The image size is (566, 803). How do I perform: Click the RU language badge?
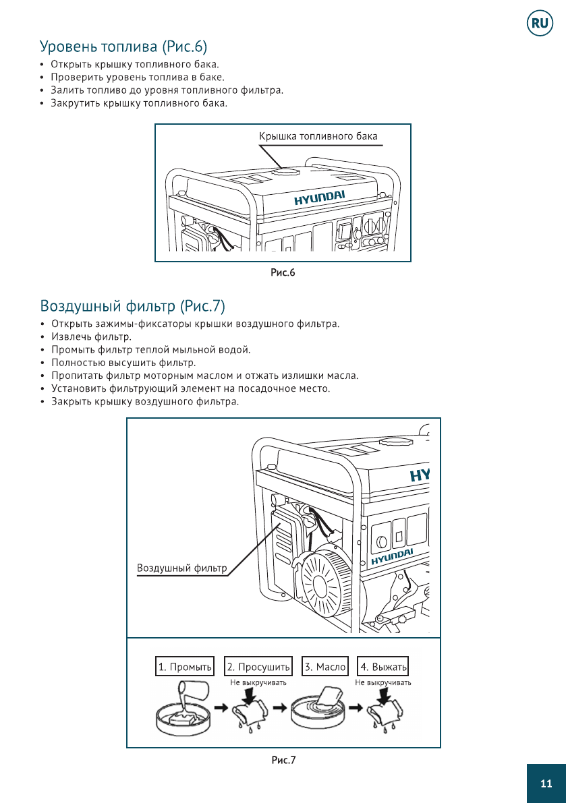pyautogui.click(x=540, y=24)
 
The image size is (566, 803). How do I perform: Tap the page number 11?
pyautogui.click(x=546, y=783)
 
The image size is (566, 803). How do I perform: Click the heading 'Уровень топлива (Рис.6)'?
pyautogui.click(x=123, y=47)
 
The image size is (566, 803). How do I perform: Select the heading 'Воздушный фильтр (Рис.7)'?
pyautogui.click(x=132, y=306)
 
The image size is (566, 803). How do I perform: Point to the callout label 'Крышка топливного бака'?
pyautogui.click(x=318, y=136)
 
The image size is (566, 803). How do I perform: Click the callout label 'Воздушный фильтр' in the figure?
pyautogui.click(x=182, y=568)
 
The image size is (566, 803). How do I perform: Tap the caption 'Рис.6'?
pyautogui.click(x=283, y=272)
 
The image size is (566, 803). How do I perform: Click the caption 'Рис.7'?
pyautogui.click(x=283, y=761)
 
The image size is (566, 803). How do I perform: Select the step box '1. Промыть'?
pyautogui.click(x=185, y=667)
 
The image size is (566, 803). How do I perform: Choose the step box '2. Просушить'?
pyautogui.click(x=258, y=667)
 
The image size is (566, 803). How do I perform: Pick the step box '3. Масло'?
pyautogui.click(x=325, y=667)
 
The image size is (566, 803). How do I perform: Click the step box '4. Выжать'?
pyautogui.click(x=384, y=667)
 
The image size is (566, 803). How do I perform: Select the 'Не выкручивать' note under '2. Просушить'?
pyautogui.click(x=258, y=682)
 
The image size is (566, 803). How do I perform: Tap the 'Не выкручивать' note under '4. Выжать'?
pyautogui.click(x=383, y=682)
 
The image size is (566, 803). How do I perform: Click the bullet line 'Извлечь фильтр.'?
pyautogui.click(x=91, y=336)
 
